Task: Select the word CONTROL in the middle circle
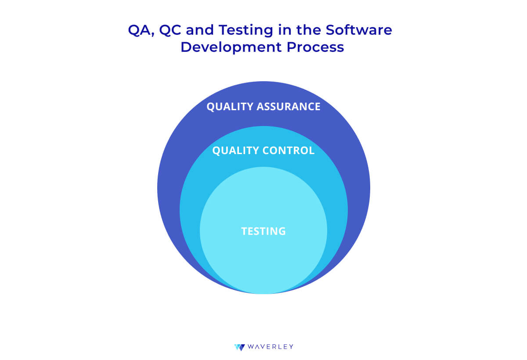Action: coord(289,151)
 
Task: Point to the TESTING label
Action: coord(263,231)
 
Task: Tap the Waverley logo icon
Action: coord(239,347)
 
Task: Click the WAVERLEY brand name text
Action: coord(270,347)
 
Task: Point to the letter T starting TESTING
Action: coord(244,231)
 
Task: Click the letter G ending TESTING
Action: coord(282,231)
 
